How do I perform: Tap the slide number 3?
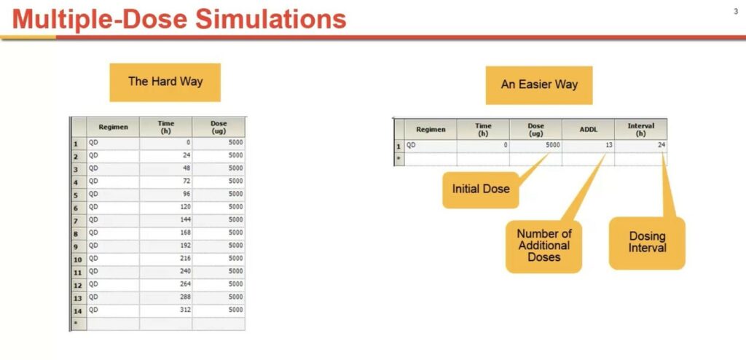pyautogui.click(x=736, y=10)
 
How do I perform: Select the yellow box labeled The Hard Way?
pyautogui.click(x=165, y=82)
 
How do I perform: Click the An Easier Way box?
pyautogui.click(x=539, y=85)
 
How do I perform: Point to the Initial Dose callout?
pyautogui.click(x=481, y=189)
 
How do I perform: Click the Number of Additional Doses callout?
pyautogui.click(x=543, y=246)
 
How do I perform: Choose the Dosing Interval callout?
pyautogui.click(x=647, y=243)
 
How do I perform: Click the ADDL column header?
pyautogui.click(x=588, y=130)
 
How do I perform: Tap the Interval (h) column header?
pyautogui.click(x=641, y=130)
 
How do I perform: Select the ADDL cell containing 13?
pyautogui.click(x=588, y=145)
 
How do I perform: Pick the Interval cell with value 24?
pyautogui.click(x=641, y=145)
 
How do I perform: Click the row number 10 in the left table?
pyautogui.click(x=78, y=259)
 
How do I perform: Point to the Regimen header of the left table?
pyautogui.click(x=113, y=127)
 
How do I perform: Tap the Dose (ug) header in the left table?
pyautogui.click(x=219, y=127)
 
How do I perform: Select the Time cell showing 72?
pyautogui.click(x=166, y=181)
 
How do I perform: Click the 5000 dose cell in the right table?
pyautogui.click(x=535, y=145)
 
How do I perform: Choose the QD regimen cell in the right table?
pyautogui.click(x=430, y=145)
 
